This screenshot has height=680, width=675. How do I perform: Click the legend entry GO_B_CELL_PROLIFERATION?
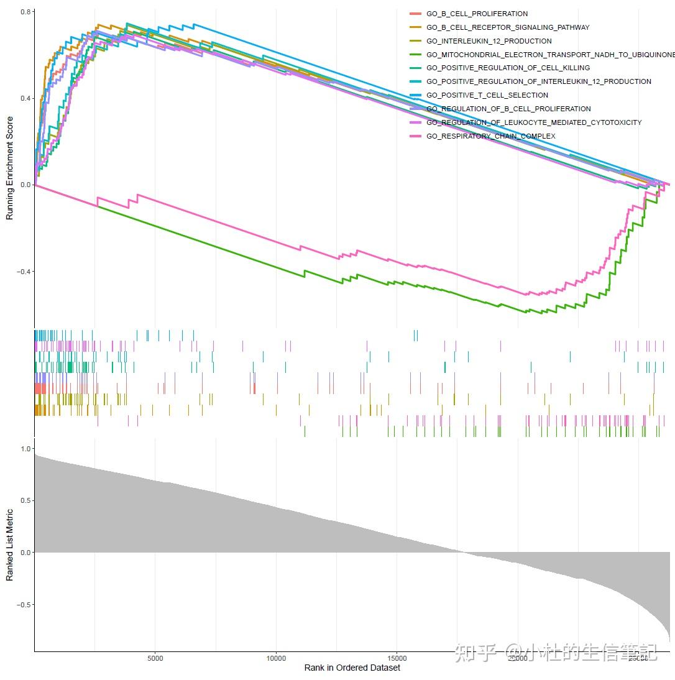click(x=477, y=14)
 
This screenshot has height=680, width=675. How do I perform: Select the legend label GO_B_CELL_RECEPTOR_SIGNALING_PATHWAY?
click(x=508, y=27)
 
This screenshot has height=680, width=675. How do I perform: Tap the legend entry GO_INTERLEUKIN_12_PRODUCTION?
click(x=489, y=41)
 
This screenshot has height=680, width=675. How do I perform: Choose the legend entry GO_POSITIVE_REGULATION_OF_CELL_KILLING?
click(x=508, y=68)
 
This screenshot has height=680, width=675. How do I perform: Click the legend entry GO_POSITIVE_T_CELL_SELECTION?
click(x=487, y=95)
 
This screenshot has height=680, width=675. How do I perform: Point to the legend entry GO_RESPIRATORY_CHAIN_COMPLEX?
click(x=490, y=136)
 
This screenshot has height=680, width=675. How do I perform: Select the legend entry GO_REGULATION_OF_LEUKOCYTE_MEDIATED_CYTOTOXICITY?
click(x=534, y=122)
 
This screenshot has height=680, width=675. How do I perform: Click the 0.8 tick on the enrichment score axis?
click(x=25, y=12)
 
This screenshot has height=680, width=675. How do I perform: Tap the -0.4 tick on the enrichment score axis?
click(x=24, y=272)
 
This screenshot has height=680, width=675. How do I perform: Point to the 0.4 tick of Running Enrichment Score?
click(x=25, y=98)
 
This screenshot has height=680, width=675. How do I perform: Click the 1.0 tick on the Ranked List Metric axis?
click(x=25, y=448)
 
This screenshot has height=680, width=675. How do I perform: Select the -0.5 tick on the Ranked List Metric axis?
click(x=24, y=605)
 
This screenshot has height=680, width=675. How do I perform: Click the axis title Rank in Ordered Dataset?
click(x=352, y=668)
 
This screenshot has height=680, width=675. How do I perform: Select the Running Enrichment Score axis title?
click(x=9, y=168)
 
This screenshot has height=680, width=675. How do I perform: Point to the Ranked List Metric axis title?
click(x=9, y=545)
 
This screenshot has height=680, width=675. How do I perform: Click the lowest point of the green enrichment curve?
click(x=535, y=313)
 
